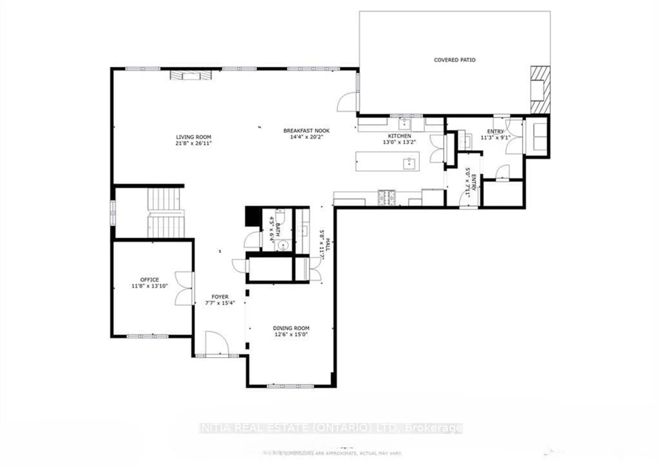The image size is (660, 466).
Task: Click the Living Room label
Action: pyautogui.click(x=194, y=137)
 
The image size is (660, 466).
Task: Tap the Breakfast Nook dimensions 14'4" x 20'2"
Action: pyautogui.click(x=306, y=137)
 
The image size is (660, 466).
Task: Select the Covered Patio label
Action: pyautogui.click(x=454, y=60)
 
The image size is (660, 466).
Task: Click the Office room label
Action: pyautogui.click(x=150, y=280)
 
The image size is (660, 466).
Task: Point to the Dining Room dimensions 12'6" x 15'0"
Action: pyautogui.click(x=291, y=334)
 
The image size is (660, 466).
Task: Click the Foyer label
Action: pyautogui.click(x=220, y=297)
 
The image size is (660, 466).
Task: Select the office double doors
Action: pyautogui.click(x=184, y=288)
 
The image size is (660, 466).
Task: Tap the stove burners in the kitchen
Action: pyautogui.click(x=387, y=198)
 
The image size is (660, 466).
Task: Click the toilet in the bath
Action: pyautogui.click(x=280, y=216)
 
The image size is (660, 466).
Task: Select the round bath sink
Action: pyautogui.click(x=283, y=245)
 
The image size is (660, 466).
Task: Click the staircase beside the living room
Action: pyautogui.click(x=165, y=213)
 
